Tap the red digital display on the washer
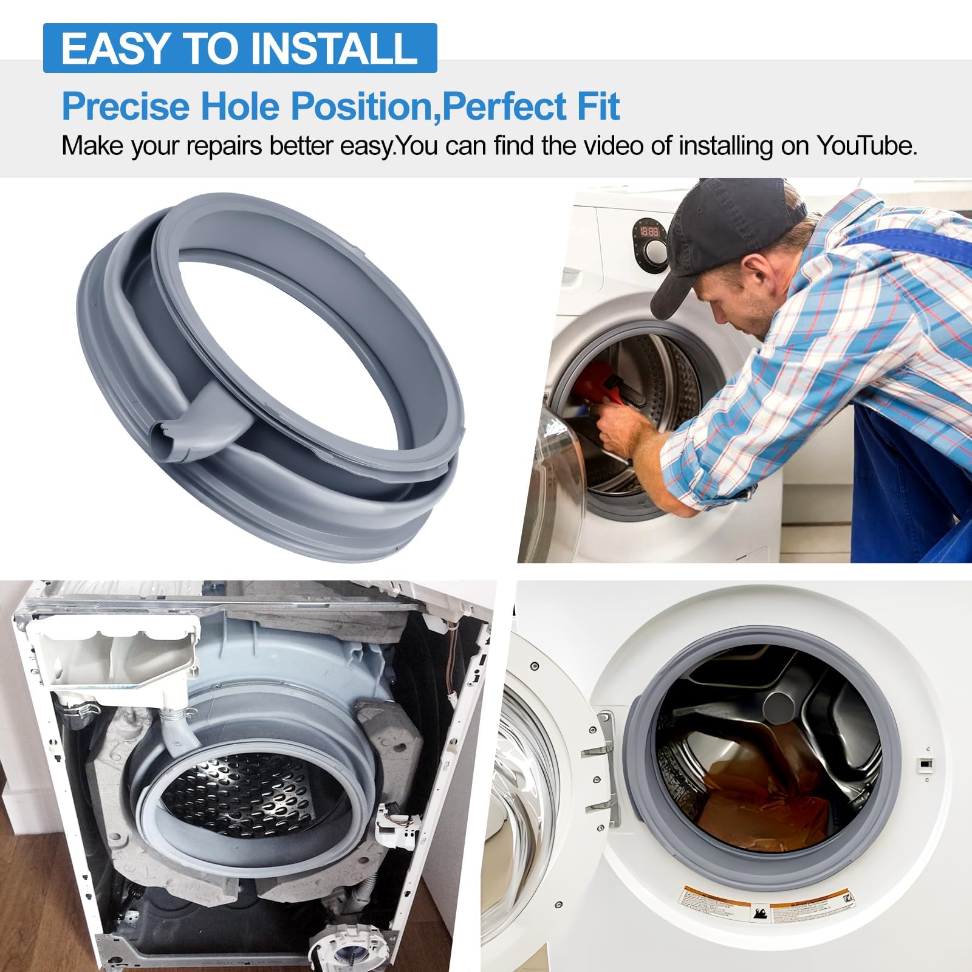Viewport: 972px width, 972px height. [649, 231]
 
